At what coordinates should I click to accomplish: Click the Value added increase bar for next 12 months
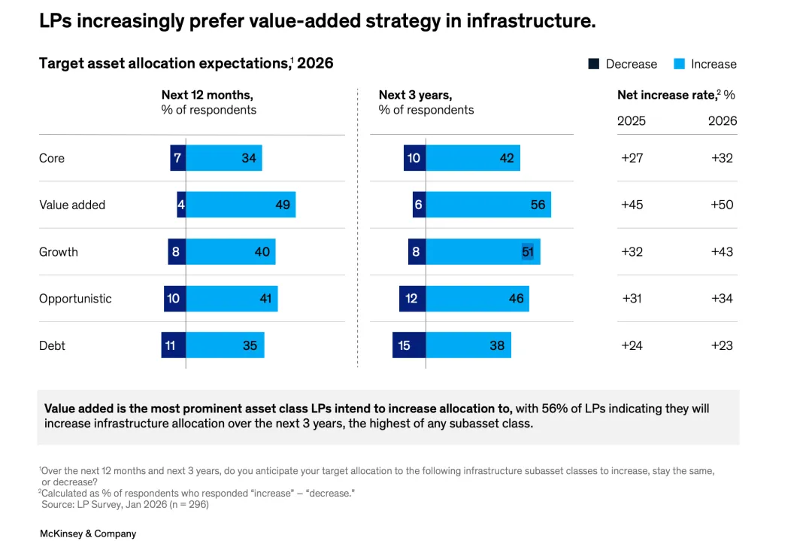tap(241, 205)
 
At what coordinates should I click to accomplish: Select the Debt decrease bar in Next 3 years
tap(409, 345)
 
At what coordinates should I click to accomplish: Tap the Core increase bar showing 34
tap(224, 158)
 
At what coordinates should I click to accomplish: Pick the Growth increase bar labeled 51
tap(483, 251)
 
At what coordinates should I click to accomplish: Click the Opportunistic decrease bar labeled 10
tap(174, 299)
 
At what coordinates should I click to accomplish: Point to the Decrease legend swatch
tap(593, 64)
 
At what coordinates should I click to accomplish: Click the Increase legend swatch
tap(679, 64)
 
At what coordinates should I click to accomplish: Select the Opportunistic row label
tap(75, 299)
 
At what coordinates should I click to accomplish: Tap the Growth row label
tap(59, 252)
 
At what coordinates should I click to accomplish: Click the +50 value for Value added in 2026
tap(722, 205)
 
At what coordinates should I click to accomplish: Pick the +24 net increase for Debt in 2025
tap(632, 345)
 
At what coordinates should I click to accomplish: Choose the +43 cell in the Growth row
tap(722, 252)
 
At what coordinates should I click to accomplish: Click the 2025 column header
tap(632, 120)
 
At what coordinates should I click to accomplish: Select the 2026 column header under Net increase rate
tap(723, 120)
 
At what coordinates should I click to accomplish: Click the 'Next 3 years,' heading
tap(415, 95)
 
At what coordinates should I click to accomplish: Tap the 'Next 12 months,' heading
tap(207, 95)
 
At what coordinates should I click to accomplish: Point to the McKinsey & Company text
tap(88, 533)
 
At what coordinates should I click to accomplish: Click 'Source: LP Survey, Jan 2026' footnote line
tap(125, 504)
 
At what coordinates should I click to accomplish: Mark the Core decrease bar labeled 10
tap(414, 158)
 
